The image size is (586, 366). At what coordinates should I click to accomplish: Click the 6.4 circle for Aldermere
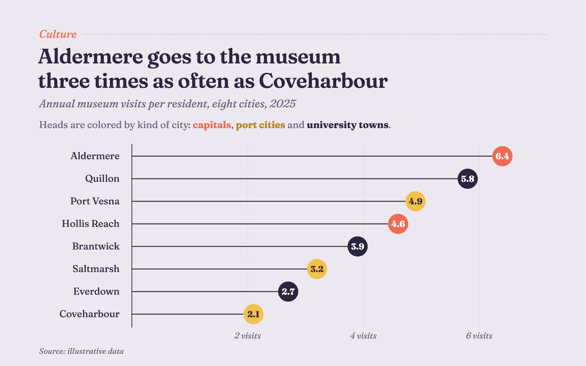(x=502, y=156)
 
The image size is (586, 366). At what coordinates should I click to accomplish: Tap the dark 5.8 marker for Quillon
(x=468, y=179)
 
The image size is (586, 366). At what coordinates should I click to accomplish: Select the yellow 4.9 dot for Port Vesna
(x=415, y=201)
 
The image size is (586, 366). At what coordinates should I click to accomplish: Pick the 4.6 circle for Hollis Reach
(x=398, y=224)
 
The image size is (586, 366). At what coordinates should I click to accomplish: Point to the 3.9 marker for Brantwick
(x=357, y=246)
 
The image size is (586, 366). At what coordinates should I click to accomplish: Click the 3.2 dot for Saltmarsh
(x=317, y=269)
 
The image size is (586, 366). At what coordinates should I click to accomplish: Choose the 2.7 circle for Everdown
(x=288, y=292)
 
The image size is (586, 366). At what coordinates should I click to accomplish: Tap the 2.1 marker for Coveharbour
(x=253, y=314)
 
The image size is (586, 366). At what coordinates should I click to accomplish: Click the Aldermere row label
(x=95, y=156)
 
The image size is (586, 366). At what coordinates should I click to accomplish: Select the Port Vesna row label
(x=95, y=201)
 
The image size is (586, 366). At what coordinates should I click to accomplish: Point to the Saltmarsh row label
(x=96, y=269)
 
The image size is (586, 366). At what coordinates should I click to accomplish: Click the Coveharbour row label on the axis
(x=89, y=314)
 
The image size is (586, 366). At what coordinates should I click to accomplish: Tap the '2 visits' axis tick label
(x=248, y=336)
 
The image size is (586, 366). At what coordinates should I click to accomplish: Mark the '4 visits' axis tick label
(x=363, y=336)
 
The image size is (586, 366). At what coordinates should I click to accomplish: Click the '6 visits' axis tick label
(x=479, y=336)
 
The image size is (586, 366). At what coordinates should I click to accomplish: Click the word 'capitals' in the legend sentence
(x=212, y=125)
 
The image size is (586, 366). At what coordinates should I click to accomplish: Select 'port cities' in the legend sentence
(x=260, y=125)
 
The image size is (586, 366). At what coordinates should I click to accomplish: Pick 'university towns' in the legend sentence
(x=348, y=125)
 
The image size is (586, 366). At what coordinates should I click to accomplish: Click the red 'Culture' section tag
(x=58, y=34)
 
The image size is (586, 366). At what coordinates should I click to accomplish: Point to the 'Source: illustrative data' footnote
(x=81, y=351)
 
